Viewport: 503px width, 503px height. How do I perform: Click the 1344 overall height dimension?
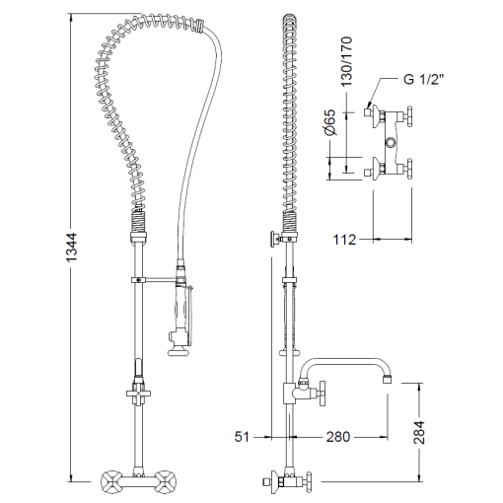click(71, 248)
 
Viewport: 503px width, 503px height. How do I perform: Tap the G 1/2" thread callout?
click(424, 79)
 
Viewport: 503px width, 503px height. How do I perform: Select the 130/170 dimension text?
click(346, 61)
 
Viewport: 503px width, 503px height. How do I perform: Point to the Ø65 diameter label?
click(330, 122)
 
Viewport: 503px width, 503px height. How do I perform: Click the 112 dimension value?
click(344, 240)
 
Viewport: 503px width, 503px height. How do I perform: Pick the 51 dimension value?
click(242, 437)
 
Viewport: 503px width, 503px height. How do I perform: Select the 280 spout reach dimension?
click(338, 437)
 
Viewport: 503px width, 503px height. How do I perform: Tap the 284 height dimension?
click(419, 432)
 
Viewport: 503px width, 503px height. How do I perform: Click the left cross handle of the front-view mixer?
click(110, 482)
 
